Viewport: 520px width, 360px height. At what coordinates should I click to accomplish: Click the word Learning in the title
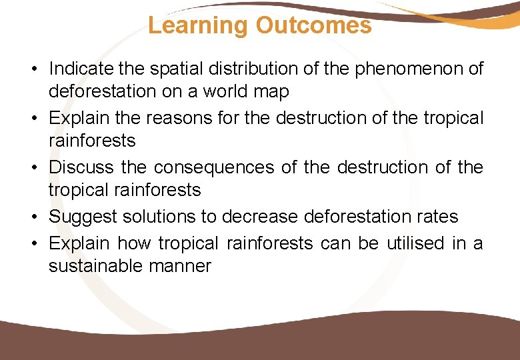(x=197, y=25)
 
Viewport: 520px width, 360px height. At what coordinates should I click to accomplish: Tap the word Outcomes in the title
(x=313, y=25)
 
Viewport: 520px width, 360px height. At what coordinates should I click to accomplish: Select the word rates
(x=437, y=217)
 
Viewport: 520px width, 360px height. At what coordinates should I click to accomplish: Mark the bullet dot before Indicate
(x=33, y=69)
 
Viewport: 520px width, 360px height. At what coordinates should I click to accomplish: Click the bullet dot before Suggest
(x=33, y=217)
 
